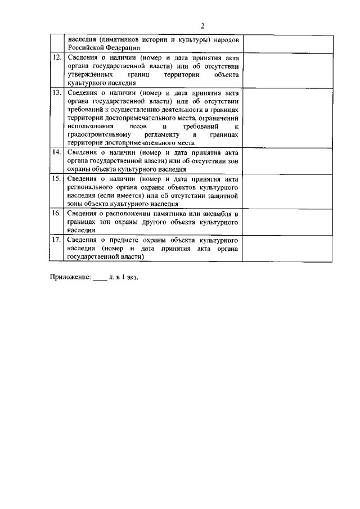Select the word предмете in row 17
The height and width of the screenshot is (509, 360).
coord(120,240)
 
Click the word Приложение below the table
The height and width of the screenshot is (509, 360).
coord(69,277)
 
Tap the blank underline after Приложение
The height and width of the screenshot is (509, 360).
coord(100,278)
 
